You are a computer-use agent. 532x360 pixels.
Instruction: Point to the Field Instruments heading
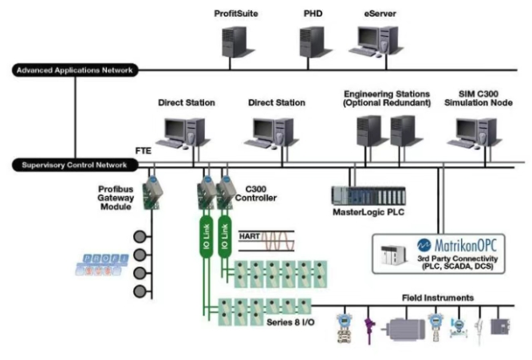point(439,298)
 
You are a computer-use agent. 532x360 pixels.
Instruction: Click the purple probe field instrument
point(369,327)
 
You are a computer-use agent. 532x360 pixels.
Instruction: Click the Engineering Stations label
point(385,97)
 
